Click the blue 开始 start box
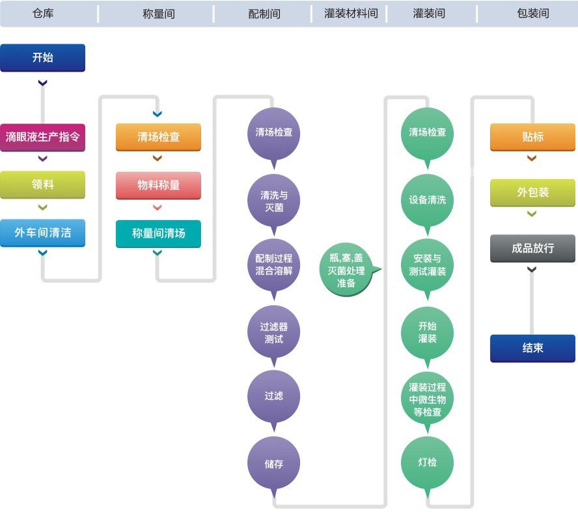click(x=42, y=57)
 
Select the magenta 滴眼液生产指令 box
click(x=42, y=137)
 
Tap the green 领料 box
click(x=42, y=185)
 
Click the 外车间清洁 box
click(x=42, y=232)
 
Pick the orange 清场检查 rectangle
click(x=158, y=137)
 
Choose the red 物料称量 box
click(x=158, y=185)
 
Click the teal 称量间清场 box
click(x=158, y=233)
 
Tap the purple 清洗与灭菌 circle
click(x=274, y=201)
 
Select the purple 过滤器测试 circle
click(x=274, y=333)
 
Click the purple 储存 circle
click(x=274, y=464)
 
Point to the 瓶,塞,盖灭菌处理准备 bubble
click(x=346, y=270)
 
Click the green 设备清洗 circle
click(x=428, y=200)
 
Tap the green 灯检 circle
click(x=428, y=463)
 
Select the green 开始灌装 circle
click(x=428, y=332)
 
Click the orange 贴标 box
click(x=532, y=137)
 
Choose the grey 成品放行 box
click(x=532, y=248)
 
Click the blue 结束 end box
click(x=532, y=348)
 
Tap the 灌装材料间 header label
click(x=351, y=13)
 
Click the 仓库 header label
click(x=43, y=13)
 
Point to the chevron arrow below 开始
click(x=43, y=83)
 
